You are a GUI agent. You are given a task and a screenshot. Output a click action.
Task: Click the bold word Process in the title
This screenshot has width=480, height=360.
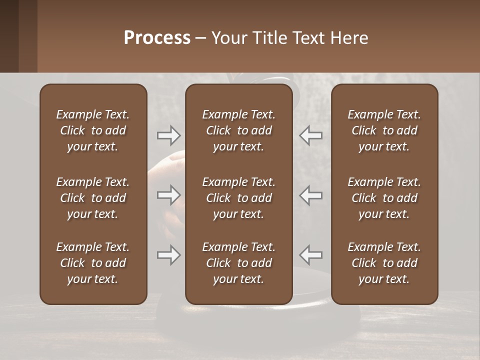157,38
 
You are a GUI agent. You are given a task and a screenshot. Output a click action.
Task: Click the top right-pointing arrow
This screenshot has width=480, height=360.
169,135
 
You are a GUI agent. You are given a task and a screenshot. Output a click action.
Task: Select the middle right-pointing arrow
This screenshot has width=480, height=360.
169,195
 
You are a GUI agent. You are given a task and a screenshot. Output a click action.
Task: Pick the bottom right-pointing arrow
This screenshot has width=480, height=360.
169,255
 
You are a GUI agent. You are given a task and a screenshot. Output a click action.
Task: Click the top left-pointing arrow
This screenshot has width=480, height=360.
310,135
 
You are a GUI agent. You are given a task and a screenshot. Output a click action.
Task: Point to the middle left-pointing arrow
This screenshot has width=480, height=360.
310,195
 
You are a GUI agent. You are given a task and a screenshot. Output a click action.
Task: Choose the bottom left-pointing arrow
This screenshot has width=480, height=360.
310,255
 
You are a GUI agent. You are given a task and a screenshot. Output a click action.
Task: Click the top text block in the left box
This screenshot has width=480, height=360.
93,130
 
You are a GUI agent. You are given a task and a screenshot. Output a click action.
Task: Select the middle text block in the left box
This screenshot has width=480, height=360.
93,198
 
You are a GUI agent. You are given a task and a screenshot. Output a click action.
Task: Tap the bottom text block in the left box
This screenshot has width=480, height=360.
93,263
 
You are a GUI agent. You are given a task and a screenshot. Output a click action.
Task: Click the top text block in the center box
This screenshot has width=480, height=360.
238,130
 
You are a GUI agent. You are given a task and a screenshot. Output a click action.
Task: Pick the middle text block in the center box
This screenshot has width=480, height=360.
238,198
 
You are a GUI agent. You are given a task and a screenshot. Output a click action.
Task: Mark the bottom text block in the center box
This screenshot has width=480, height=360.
238,263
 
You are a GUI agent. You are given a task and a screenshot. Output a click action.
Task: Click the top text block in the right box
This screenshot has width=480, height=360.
384,130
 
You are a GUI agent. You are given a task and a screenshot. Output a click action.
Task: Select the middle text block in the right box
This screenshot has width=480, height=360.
384,198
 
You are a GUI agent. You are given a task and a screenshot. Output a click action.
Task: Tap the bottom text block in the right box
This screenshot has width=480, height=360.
384,263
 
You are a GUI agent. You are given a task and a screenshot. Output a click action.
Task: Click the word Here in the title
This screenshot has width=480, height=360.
349,38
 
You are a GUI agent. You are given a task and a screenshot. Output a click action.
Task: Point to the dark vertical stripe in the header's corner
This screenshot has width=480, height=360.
9,36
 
